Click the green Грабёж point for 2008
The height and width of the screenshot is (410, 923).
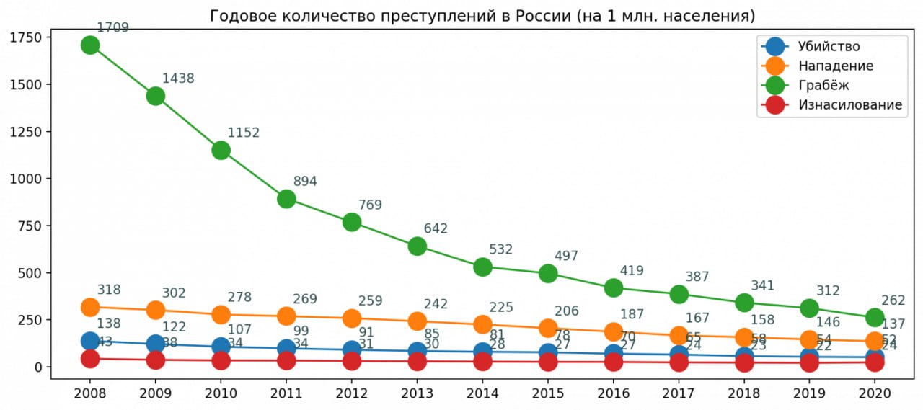click(90, 45)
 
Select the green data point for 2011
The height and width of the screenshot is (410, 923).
click(286, 199)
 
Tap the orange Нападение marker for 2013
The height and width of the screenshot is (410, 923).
click(417, 321)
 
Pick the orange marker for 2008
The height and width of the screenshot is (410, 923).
click(90, 308)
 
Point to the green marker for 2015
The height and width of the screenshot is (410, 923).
click(548, 273)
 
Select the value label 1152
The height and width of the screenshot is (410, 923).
click(243, 133)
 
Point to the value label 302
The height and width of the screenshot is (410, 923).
click(174, 293)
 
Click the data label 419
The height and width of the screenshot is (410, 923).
click(631, 271)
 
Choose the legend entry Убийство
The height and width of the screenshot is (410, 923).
click(829, 47)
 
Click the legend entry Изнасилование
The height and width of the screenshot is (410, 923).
click(849, 105)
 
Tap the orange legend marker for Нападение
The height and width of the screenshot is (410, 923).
click(774, 66)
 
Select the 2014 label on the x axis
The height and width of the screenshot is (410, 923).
click(482, 394)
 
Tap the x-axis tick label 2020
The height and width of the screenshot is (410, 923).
click(875, 394)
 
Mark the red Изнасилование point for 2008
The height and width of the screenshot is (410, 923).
click(90, 359)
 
